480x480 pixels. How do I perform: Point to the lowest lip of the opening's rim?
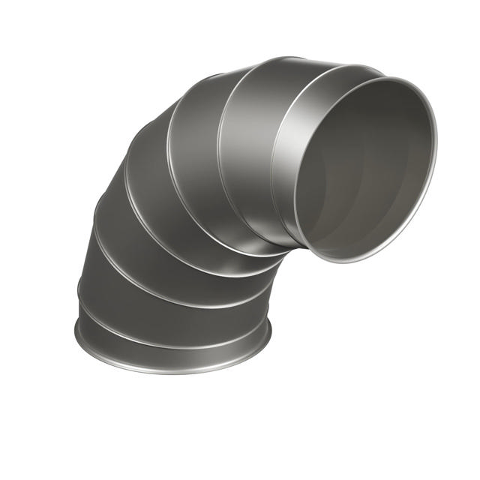(x=330, y=259)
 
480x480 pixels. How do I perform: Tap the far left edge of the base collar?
(x=76, y=330)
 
